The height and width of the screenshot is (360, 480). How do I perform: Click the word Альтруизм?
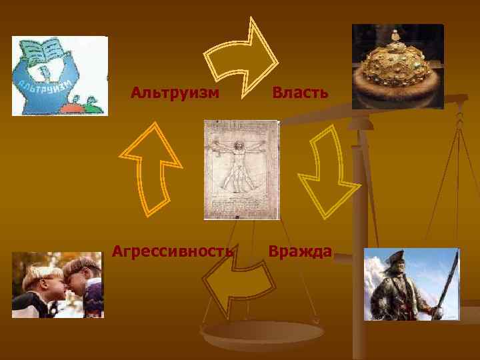(x=175, y=92)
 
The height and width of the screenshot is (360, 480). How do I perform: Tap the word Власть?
(x=299, y=92)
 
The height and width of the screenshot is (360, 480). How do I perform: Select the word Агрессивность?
(x=173, y=251)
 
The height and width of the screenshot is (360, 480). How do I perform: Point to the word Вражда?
(x=299, y=251)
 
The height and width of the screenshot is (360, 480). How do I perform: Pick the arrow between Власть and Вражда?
(x=327, y=171)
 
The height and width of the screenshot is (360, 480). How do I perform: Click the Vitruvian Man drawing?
(x=241, y=169)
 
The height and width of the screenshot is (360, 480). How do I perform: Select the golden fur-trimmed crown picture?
(x=397, y=66)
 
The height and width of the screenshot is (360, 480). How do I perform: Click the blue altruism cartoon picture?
(x=59, y=76)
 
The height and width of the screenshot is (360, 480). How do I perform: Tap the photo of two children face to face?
(x=57, y=285)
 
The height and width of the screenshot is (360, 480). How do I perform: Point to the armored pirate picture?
(x=411, y=284)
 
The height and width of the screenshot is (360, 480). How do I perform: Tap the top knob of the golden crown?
(x=395, y=33)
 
